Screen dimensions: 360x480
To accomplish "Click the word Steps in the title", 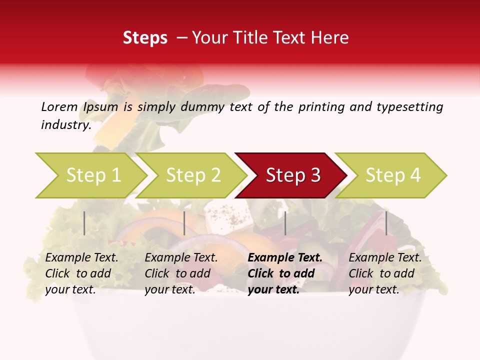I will [145, 38].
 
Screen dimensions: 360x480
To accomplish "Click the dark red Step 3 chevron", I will [293, 175].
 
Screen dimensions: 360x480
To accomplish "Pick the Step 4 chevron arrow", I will [393, 175].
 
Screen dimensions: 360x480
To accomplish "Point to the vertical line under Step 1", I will [84, 223].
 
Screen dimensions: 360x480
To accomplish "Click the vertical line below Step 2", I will [184, 223].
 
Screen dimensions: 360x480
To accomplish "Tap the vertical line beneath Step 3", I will [285, 223].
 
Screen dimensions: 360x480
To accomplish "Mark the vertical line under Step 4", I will [386, 223].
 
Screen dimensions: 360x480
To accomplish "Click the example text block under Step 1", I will [81, 273].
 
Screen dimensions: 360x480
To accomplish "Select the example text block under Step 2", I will [181, 273].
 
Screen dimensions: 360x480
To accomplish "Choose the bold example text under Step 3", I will [285, 273].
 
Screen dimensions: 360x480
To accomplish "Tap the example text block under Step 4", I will [385, 273].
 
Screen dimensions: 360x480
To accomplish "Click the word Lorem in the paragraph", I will [59, 106].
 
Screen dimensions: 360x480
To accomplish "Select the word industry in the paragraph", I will [66, 125].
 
